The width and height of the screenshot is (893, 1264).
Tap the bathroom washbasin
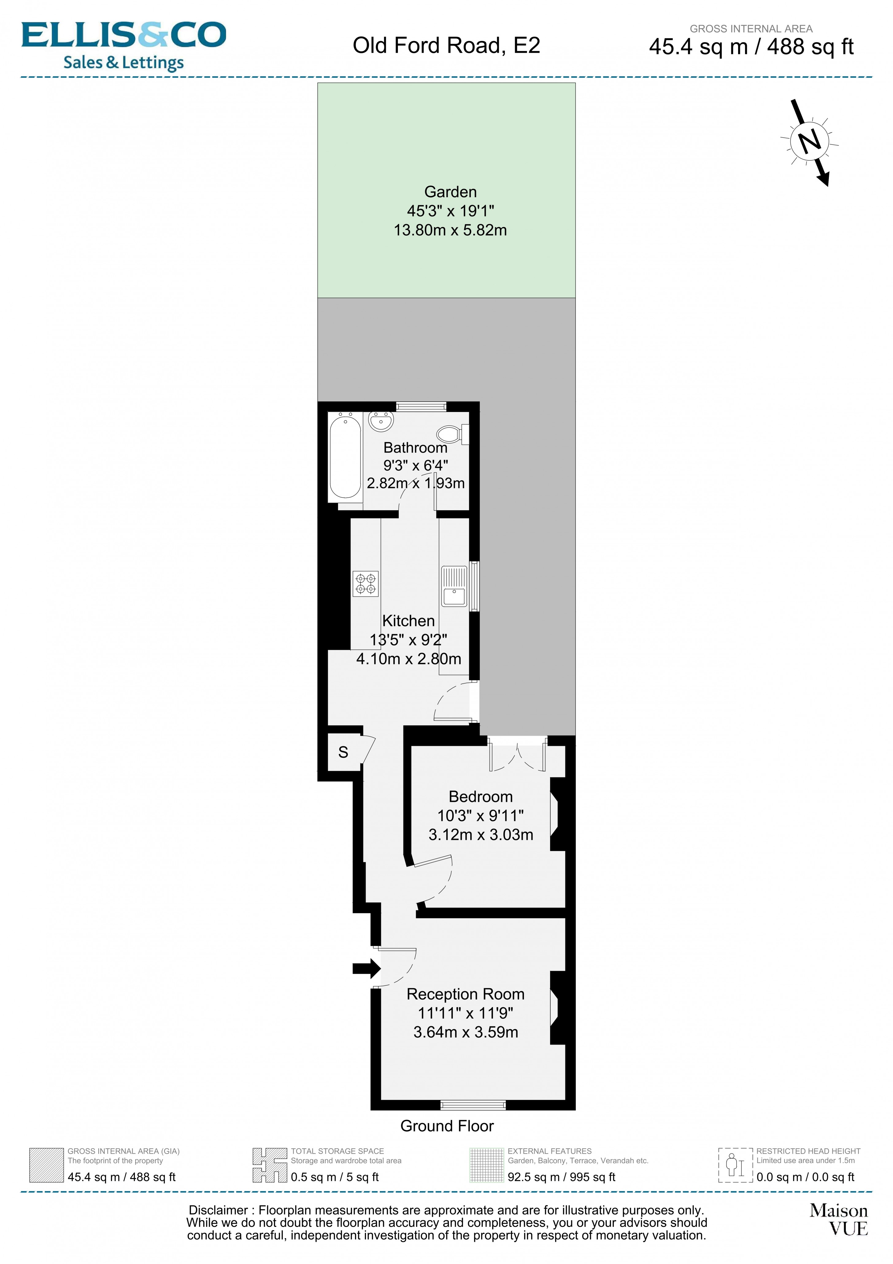381,422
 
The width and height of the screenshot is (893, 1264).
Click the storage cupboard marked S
344,752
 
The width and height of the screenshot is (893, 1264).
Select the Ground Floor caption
447,1126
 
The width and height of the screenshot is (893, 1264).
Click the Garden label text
450,192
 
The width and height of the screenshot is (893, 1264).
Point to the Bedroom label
481,797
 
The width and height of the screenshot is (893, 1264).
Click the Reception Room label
465,994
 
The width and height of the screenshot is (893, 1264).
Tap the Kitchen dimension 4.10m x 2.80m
409,658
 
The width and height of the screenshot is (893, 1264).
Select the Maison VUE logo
838,1220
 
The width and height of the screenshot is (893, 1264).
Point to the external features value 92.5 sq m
561,1177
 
